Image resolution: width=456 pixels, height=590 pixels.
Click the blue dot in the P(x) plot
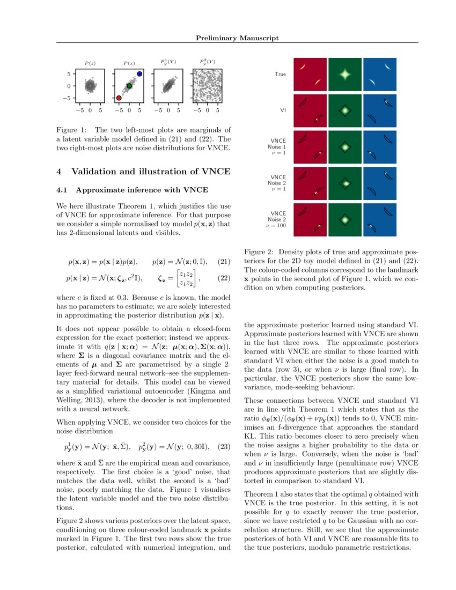click(139, 73)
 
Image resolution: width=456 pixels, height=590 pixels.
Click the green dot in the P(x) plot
click(129, 86)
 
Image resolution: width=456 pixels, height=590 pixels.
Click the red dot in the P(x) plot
click(119, 98)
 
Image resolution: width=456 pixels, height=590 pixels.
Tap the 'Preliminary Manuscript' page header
click(237, 38)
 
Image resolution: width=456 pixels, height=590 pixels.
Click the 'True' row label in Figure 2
click(280, 74)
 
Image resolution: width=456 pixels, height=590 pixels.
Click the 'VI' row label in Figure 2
click(282, 110)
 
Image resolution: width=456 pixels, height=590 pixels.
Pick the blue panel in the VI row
click(380, 110)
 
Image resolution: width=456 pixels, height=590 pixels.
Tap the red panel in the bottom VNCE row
click(310, 220)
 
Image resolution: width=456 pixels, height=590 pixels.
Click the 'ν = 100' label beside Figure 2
click(276, 226)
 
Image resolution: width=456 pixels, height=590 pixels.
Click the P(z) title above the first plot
click(90, 63)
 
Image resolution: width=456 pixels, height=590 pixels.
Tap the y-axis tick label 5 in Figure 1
click(69, 73)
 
